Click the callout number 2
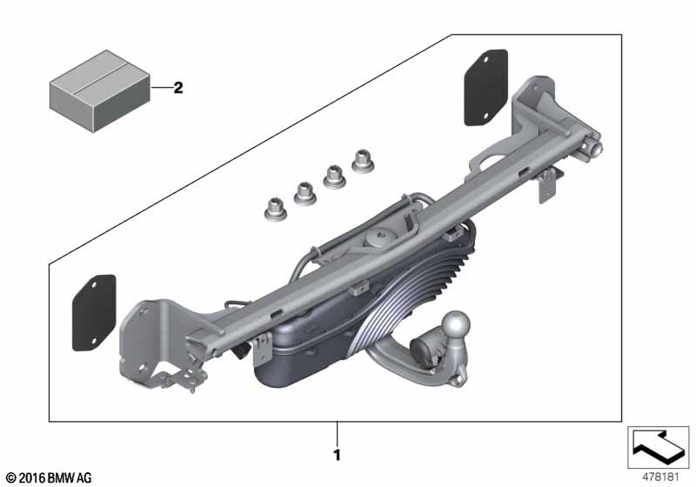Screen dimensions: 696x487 [x=178, y=88]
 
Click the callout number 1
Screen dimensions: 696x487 [x=337, y=455]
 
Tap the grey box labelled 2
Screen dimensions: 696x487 [x=100, y=91]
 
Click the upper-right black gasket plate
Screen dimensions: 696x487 [x=486, y=87]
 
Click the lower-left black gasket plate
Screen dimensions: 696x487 [x=94, y=313]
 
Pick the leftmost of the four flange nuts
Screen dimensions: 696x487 [x=275, y=210]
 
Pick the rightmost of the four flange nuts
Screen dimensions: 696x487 [x=363, y=161]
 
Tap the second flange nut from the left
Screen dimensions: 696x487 [x=305, y=193]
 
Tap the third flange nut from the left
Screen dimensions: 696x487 [x=334, y=177]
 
